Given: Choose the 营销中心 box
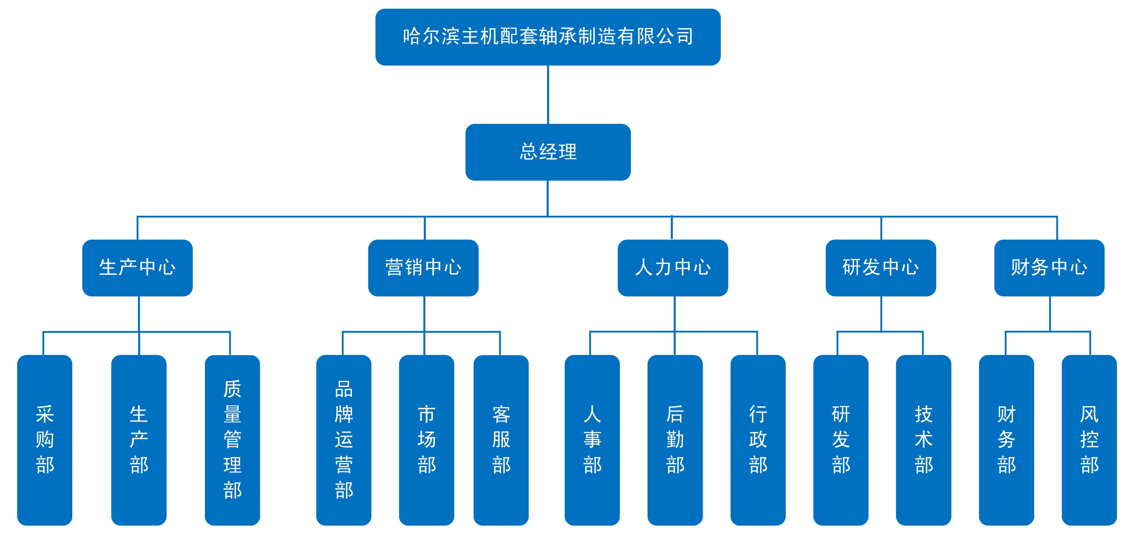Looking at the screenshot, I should (x=423, y=268).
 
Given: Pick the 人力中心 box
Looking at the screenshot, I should (x=673, y=268).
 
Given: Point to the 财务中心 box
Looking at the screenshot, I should (x=1049, y=268).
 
